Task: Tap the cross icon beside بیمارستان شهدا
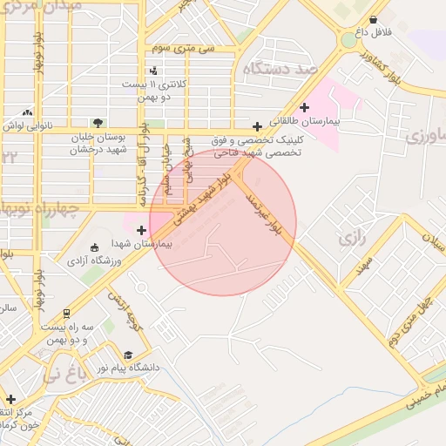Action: (x=142, y=230)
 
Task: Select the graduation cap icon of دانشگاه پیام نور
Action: (x=128, y=355)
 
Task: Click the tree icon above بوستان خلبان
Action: (x=98, y=123)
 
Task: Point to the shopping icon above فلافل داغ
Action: (x=373, y=19)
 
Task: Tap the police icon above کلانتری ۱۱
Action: (x=154, y=71)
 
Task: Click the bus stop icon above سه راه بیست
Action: (x=66, y=313)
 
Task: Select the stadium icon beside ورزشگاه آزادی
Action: (x=95, y=248)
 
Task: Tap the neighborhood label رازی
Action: (x=354, y=237)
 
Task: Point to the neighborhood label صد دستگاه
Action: (x=280, y=68)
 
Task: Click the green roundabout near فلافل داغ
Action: (x=349, y=40)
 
